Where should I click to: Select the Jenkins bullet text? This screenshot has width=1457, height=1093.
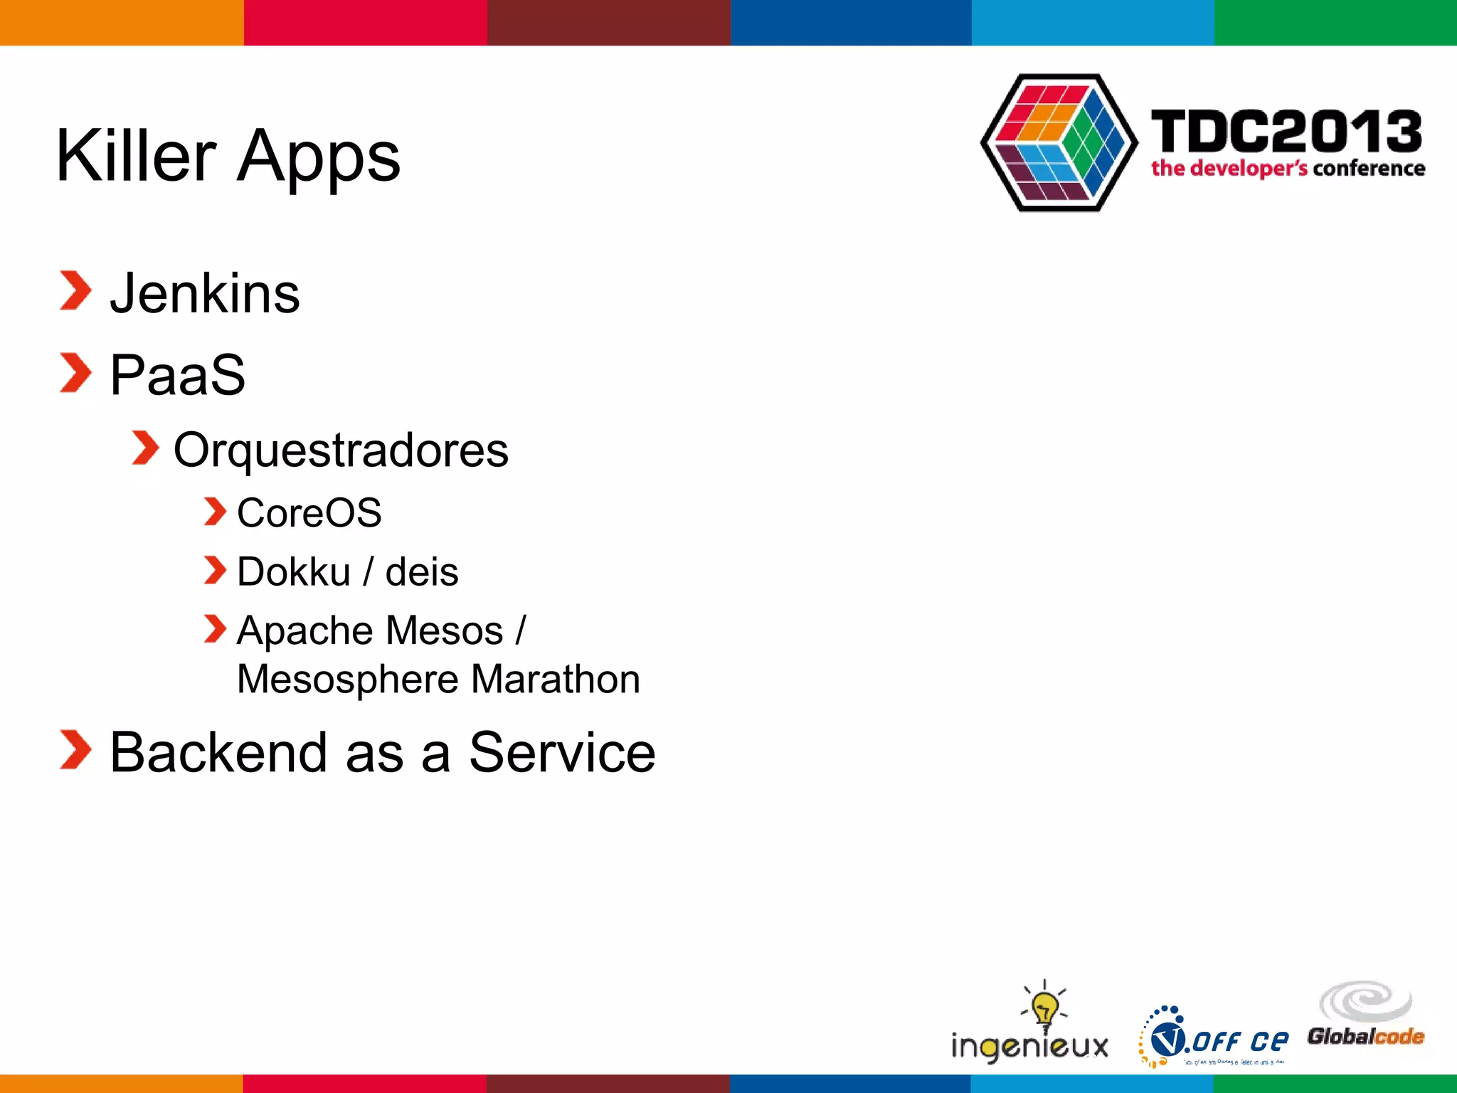click(205, 293)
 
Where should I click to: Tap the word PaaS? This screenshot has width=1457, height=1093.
click(178, 375)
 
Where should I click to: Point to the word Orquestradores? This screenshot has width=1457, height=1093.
click(341, 451)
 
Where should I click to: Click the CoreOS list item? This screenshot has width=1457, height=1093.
click(309, 513)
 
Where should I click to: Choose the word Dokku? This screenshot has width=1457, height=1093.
click(293, 572)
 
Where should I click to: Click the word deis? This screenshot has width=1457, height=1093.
click(422, 572)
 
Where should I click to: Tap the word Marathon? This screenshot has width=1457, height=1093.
click(555, 680)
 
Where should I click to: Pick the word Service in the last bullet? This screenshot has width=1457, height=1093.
click(562, 753)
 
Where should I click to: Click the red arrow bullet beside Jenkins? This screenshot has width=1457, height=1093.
click(75, 291)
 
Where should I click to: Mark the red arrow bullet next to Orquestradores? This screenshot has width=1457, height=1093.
click(145, 448)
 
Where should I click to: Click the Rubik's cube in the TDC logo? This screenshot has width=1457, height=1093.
click(1059, 142)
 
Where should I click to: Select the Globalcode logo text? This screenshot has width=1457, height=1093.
click(1365, 1036)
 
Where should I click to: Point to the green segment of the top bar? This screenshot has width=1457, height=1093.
click(1335, 22)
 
